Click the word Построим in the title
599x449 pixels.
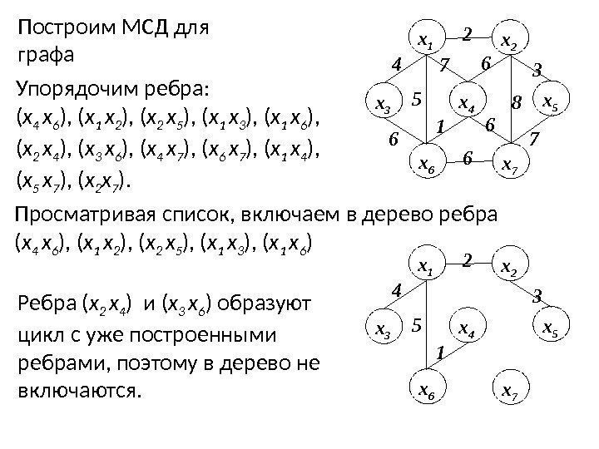[58, 30]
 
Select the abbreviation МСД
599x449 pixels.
[138, 30]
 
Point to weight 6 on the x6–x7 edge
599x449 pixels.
[468, 156]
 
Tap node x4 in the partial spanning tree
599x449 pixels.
[468, 332]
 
